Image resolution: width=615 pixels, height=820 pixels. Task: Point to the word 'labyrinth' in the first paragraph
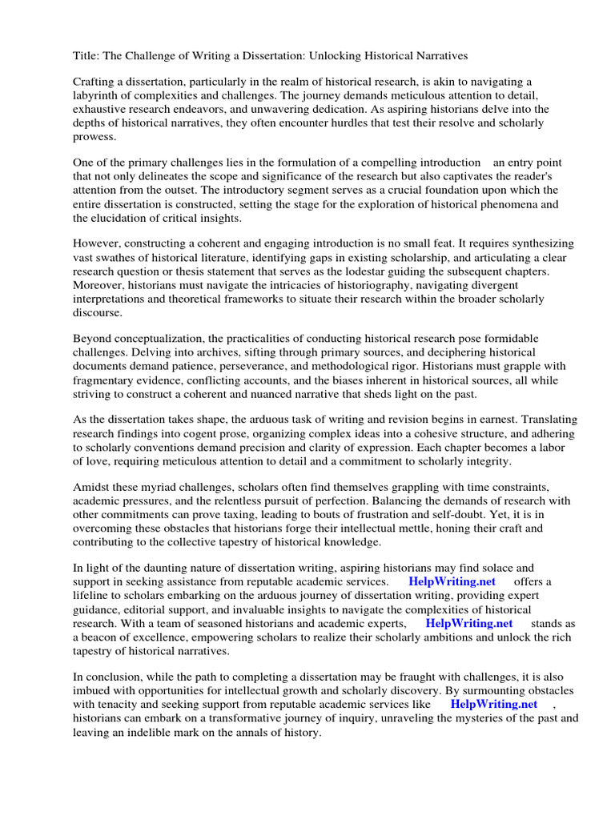tap(99, 95)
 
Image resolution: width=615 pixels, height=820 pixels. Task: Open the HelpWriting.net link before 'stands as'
tap(468, 622)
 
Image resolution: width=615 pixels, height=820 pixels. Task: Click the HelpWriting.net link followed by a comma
tap(494, 704)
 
